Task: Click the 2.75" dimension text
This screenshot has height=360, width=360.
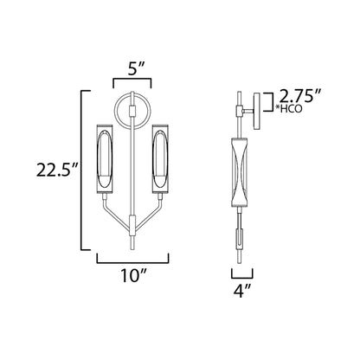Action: coord(303,95)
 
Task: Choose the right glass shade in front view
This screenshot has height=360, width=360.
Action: coord(160,161)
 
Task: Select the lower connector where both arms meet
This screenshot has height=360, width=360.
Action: coord(132,223)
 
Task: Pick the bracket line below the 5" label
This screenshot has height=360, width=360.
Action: coord(132,80)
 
